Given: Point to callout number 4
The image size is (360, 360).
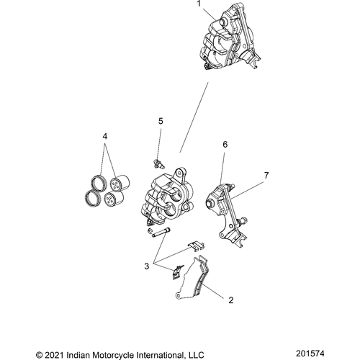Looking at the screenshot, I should pyautogui.click(x=106, y=136).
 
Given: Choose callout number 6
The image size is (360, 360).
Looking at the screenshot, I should pyautogui.click(x=225, y=165).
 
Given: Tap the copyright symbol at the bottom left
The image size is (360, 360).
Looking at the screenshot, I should pyautogui.click(x=40, y=353).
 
